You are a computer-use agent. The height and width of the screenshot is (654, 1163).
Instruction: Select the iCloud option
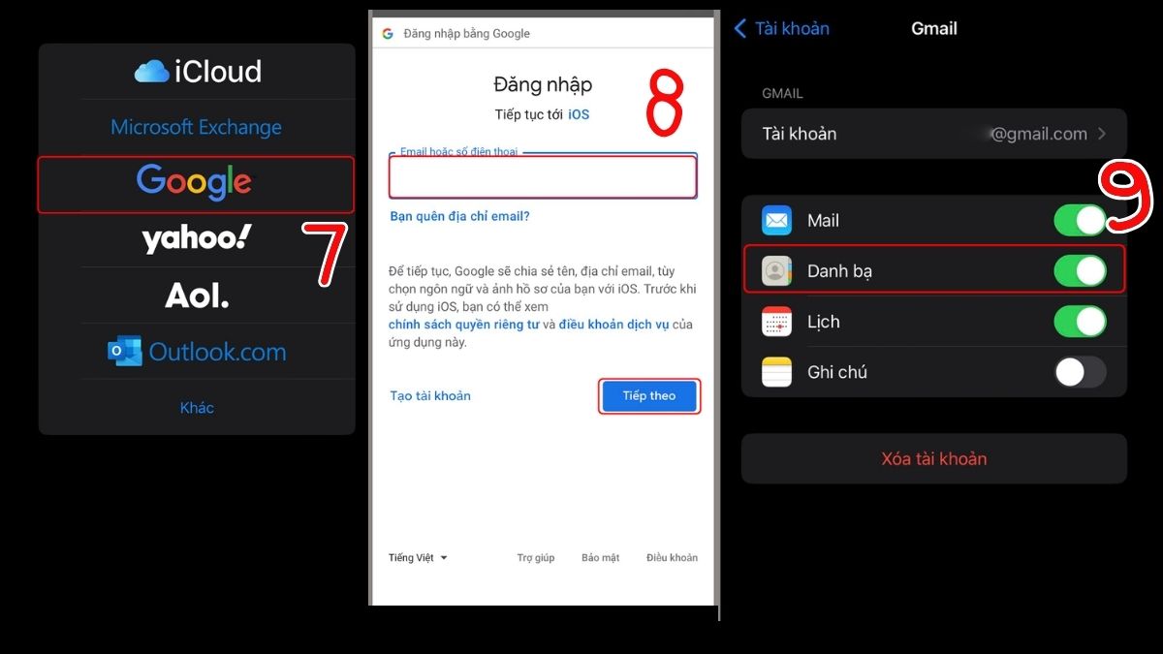tap(198, 71)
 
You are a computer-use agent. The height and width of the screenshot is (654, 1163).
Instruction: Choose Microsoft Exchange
tap(196, 127)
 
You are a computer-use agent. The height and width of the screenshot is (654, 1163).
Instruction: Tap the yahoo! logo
tap(197, 238)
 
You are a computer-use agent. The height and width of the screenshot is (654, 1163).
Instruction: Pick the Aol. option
tap(197, 296)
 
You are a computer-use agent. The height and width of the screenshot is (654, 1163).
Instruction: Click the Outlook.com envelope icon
tap(125, 351)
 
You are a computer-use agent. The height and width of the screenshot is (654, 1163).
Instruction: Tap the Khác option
tap(197, 408)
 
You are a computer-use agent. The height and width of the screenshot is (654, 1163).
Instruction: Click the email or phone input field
tap(543, 177)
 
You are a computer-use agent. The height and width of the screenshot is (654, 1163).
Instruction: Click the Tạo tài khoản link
tap(430, 396)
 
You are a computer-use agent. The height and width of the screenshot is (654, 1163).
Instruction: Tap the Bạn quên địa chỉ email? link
tap(459, 216)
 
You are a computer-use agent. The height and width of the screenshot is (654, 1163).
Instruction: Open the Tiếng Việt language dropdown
tap(418, 557)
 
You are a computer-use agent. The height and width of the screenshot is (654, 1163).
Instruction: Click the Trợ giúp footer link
tap(535, 557)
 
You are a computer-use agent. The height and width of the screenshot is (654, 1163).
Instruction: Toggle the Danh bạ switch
tap(1080, 271)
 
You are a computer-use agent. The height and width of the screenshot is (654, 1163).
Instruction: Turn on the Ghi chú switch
tap(1080, 372)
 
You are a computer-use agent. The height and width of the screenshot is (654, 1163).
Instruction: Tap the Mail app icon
tap(776, 220)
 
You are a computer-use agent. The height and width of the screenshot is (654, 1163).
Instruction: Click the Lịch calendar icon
tap(776, 322)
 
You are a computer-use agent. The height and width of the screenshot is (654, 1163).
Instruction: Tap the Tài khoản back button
tap(782, 28)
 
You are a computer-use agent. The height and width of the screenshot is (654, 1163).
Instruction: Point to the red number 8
tap(665, 103)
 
